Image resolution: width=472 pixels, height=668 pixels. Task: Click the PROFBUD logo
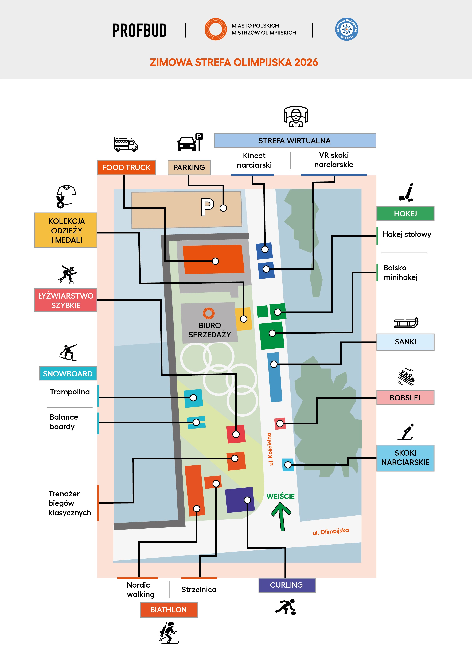click(x=139, y=30)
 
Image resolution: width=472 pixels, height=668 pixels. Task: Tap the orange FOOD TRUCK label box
click(x=127, y=168)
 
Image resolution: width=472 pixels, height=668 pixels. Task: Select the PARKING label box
click(x=189, y=168)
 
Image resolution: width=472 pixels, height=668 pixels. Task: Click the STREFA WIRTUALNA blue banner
click(x=295, y=141)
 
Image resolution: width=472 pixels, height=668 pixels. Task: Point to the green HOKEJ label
click(x=405, y=213)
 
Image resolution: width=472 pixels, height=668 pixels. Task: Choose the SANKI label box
click(x=405, y=342)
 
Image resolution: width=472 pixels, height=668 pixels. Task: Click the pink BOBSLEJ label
click(x=405, y=398)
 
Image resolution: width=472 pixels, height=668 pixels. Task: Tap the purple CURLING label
click(x=287, y=585)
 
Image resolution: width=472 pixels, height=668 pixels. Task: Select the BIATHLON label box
click(x=169, y=610)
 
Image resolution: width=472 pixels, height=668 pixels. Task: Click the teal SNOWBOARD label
click(x=68, y=374)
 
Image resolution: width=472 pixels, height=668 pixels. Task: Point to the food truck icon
click(x=126, y=144)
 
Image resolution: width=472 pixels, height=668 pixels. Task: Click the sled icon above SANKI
click(x=406, y=323)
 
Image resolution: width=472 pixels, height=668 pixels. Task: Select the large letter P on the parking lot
click(x=207, y=207)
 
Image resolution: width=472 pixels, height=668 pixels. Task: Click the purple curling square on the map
click(x=240, y=500)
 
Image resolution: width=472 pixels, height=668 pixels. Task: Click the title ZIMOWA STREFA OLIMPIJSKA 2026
click(x=234, y=62)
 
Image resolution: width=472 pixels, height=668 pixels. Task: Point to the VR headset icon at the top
click(x=296, y=117)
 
